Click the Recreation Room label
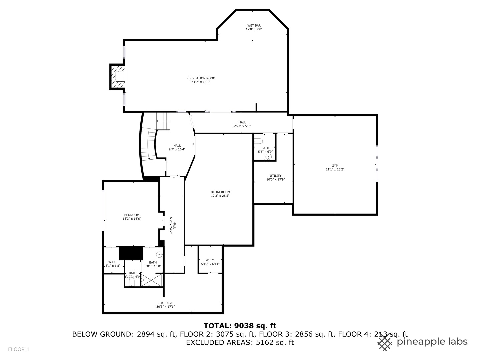tap(201, 78)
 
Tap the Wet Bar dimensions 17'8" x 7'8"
tap(254, 29)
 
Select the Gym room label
tap(335, 166)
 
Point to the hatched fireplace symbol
tap(118, 77)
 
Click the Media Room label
tap(220, 192)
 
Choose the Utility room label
tap(275, 176)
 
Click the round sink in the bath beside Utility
tap(269, 157)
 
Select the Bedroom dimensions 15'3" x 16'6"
tap(132, 219)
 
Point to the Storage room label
tap(165, 303)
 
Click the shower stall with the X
tap(152, 280)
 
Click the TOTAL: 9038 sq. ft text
tap(240, 326)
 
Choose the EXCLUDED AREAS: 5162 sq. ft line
tap(240, 342)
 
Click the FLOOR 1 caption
tap(19, 349)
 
